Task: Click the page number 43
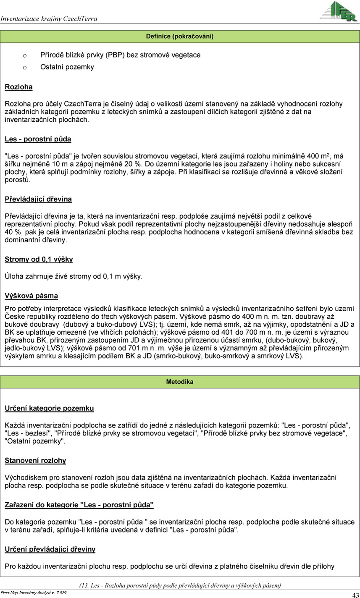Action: coord(355,595)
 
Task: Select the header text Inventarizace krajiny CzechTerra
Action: coord(49,18)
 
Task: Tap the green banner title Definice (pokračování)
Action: coord(180,37)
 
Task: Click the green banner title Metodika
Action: coord(180,382)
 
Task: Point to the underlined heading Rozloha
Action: coord(18,87)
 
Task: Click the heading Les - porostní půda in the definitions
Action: coord(38,139)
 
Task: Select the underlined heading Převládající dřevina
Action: coord(38,199)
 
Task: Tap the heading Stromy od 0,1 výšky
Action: coord(39,260)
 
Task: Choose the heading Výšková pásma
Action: coord(32,296)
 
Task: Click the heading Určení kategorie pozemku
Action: coord(49,408)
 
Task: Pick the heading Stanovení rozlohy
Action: coord(35,460)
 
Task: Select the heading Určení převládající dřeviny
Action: coord(50,549)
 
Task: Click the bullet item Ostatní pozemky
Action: coord(67,67)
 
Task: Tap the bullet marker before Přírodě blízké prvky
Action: coord(25,55)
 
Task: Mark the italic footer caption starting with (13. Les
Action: coord(180,585)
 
